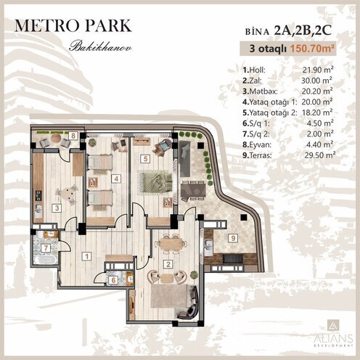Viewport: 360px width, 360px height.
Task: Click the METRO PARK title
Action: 73,26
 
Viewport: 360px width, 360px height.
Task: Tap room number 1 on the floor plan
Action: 86,255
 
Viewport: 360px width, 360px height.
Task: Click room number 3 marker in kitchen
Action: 57,206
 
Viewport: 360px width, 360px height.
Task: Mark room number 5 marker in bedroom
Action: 146,157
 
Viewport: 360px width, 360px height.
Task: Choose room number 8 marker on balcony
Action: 73,136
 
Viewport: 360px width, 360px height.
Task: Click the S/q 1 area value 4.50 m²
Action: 319,123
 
